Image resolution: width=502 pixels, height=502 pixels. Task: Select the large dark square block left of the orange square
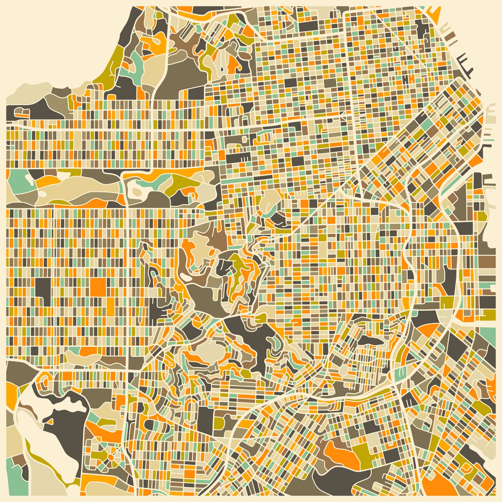(43, 287)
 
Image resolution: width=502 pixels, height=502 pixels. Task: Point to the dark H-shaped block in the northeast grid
(406, 79)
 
